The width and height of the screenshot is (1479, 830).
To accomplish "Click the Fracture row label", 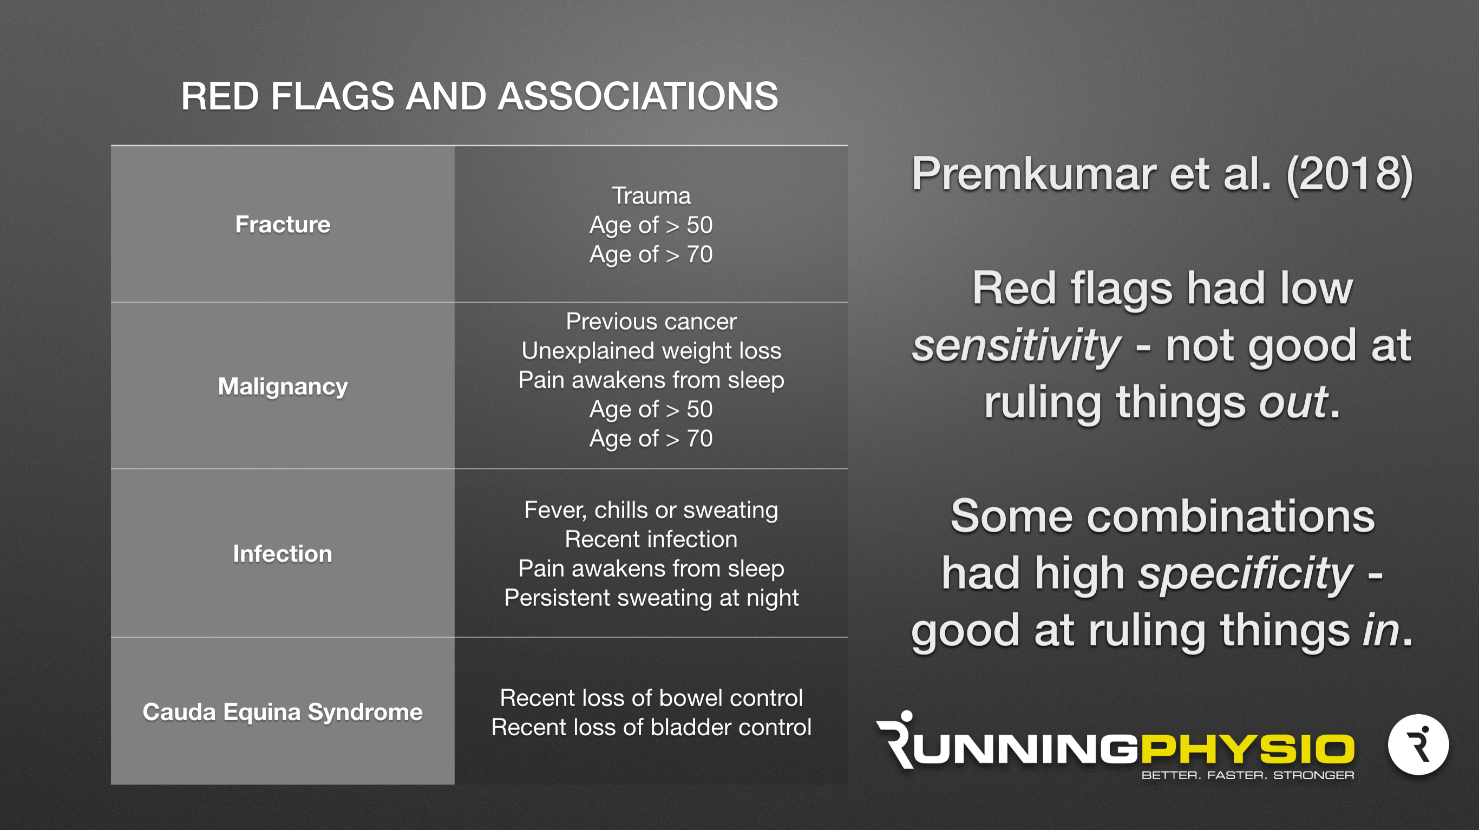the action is [283, 224].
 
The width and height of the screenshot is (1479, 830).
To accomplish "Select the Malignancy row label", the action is [283, 387].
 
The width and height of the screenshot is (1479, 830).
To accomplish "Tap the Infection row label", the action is [283, 554].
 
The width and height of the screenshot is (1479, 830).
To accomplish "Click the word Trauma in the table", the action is [651, 196].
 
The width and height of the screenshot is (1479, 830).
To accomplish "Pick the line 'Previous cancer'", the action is [651, 322].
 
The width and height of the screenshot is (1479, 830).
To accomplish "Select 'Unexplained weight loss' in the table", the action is [651, 351].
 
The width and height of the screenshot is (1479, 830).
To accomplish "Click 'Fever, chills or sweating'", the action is [651, 511].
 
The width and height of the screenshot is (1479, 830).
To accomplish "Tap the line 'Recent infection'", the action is [651, 539].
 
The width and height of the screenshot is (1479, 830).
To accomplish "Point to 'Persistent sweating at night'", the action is [651, 598].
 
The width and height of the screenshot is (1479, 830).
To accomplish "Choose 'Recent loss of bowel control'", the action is [651, 698].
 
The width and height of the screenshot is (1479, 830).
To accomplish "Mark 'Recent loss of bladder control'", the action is [651, 727].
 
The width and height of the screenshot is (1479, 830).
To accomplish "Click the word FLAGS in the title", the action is [332, 96].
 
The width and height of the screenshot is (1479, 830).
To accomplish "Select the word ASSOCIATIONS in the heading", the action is [638, 96].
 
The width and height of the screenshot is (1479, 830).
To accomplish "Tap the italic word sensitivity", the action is [1016, 345].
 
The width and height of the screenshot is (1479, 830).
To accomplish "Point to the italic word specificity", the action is [1246, 573].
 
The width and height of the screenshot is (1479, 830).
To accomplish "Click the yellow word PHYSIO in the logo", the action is [1248, 749].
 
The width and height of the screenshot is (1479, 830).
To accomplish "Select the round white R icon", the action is [1418, 745].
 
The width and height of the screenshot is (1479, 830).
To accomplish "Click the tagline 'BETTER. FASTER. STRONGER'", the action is [1248, 775].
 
